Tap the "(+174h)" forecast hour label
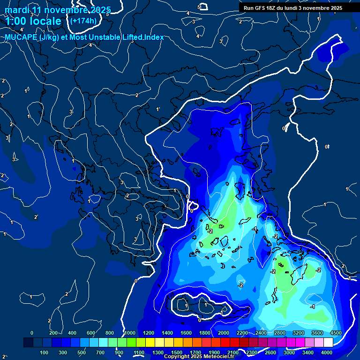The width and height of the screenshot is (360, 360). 83,21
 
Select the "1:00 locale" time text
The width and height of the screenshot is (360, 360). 33,21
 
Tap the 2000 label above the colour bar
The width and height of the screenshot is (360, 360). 223,333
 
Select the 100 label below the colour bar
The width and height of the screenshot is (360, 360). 45,352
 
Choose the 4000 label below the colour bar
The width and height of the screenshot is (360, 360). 327,352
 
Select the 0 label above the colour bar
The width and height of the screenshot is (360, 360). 31,333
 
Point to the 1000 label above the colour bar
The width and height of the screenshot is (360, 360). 129,333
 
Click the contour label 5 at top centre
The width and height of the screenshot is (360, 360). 199,7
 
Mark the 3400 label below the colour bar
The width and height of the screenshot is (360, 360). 308,352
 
